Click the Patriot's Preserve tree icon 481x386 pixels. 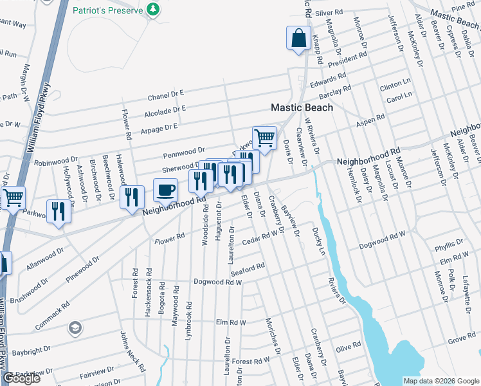click(152, 9)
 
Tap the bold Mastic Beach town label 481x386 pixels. click(302, 107)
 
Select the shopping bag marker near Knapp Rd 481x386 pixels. click(299, 39)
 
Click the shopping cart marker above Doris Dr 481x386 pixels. click(264, 137)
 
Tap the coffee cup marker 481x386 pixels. click(165, 190)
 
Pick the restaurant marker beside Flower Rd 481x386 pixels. click(132, 196)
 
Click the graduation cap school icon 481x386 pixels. click(76, 328)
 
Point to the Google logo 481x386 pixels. click(21, 378)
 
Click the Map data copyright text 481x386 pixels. click(441, 381)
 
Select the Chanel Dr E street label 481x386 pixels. click(165, 95)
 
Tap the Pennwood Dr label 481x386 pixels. click(183, 152)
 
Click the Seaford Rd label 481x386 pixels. click(248, 269)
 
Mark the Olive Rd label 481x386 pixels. click(349, 346)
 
